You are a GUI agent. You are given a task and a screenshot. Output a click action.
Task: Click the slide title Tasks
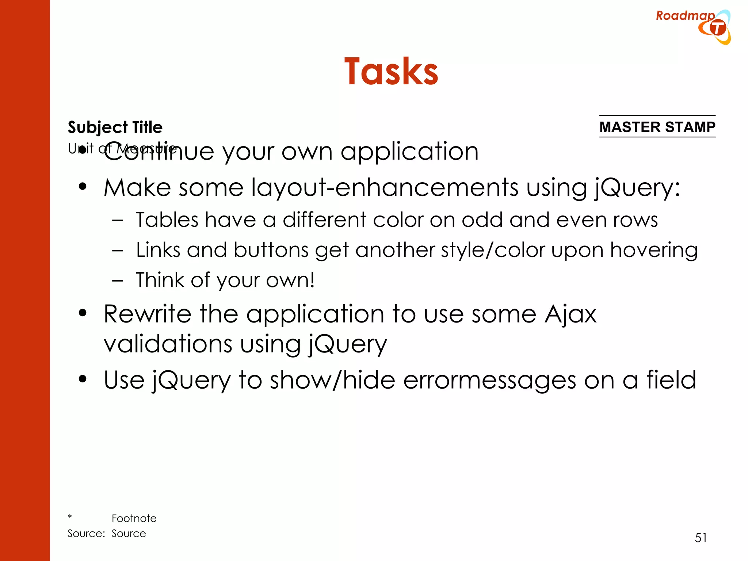[391, 72]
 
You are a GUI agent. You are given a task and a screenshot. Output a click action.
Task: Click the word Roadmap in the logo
[685, 16]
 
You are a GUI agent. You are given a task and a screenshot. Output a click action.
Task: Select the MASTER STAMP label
[657, 127]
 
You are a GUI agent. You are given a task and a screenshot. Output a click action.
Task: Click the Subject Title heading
[115, 127]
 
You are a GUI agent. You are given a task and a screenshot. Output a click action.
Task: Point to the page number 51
[701, 538]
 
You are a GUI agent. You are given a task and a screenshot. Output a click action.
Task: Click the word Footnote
[134, 518]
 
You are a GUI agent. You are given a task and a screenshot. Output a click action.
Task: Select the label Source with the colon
[86, 534]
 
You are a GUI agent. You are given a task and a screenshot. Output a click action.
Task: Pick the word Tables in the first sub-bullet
[167, 220]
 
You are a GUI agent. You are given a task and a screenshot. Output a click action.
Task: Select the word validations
[168, 344]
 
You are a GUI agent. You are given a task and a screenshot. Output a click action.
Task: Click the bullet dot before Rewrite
[83, 313]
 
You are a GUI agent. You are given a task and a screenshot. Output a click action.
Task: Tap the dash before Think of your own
[118, 280]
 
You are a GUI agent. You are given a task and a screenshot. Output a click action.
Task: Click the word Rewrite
[147, 314]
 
